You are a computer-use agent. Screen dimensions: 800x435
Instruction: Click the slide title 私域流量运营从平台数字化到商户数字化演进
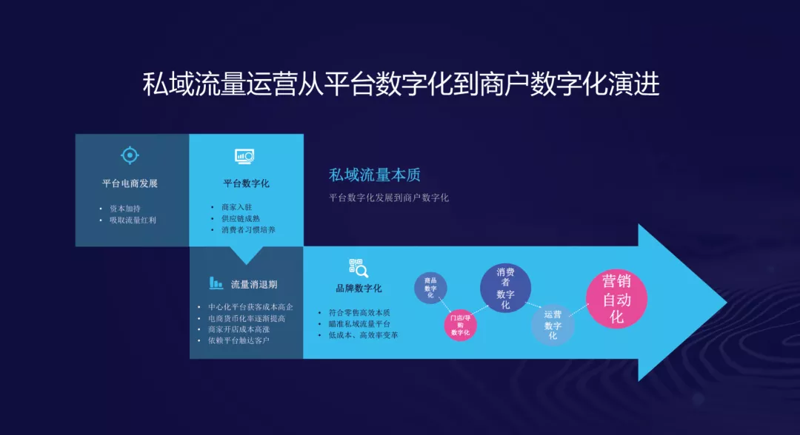point(401,84)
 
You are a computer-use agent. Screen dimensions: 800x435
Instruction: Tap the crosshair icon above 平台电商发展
point(130,155)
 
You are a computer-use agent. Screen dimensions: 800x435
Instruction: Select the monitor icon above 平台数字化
point(244,156)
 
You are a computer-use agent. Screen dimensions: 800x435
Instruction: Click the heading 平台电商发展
point(130,183)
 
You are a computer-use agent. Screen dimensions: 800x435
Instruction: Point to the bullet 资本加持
point(125,209)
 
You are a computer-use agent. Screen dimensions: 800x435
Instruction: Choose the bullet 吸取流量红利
point(133,220)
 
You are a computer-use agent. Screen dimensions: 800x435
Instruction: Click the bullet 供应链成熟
point(240,218)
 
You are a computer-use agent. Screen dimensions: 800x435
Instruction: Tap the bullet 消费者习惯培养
point(248,230)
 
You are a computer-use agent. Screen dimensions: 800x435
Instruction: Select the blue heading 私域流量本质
point(375,175)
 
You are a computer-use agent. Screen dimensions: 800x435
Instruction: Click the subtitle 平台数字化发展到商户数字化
point(389,198)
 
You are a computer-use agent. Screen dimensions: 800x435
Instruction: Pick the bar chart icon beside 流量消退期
point(216,283)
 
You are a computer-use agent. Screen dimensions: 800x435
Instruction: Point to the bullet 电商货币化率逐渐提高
point(247,318)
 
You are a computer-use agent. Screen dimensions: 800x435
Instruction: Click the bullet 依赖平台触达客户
point(239,340)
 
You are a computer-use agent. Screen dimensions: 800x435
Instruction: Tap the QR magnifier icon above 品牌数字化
point(359,268)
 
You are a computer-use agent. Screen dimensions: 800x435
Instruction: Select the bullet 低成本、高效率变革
point(363,335)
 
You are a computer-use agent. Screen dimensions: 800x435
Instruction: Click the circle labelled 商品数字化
point(430,288)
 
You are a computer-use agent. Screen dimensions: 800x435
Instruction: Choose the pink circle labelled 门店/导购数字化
point(460,325)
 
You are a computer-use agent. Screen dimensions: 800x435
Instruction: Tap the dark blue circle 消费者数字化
point(505,288)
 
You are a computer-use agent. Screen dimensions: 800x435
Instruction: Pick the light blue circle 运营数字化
point(553,325)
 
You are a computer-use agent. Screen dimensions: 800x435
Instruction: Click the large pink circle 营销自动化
point(616,298)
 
